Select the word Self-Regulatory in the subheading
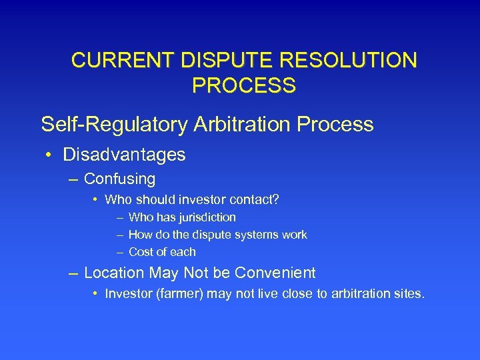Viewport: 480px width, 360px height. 110,125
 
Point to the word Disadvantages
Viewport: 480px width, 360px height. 124,155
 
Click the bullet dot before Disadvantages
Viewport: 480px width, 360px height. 50,155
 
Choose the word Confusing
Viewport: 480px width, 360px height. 119,179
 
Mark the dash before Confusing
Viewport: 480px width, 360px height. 72,179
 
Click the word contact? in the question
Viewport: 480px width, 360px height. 256,199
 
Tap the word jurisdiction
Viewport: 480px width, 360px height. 206,217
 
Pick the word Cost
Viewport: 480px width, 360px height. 141,252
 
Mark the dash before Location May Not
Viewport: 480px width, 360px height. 72,273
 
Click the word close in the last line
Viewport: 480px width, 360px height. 295,294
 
